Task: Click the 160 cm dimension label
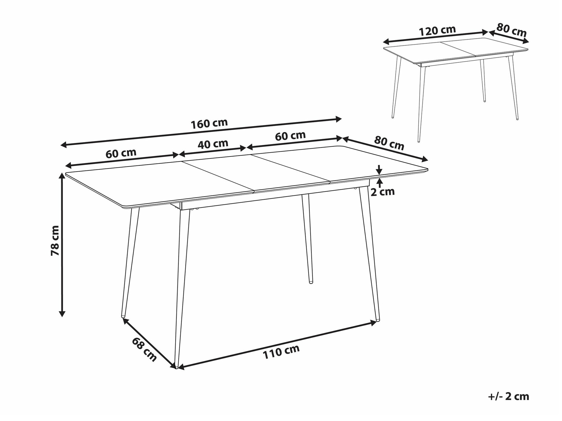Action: (x=209, y=124)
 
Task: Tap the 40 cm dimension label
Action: (x=213, y=144)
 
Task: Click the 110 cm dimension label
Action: (x=281, y=352)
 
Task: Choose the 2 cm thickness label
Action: (x=383, y=192)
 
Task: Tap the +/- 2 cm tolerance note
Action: (x=509, y=396)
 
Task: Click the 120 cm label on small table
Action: (x=437, y=31)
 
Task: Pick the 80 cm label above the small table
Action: (x=511, y=30)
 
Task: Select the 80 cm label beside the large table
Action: (x=389, y=143)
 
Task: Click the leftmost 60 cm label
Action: (x=121, y=153)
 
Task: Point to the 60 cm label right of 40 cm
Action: (x=290, y=136)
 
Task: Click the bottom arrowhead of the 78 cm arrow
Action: (x=62, y=314)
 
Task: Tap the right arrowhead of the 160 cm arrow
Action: (x=338, y=119)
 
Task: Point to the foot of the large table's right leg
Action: (x=378, y=319)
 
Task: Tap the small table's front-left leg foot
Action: (x=418, y=141)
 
